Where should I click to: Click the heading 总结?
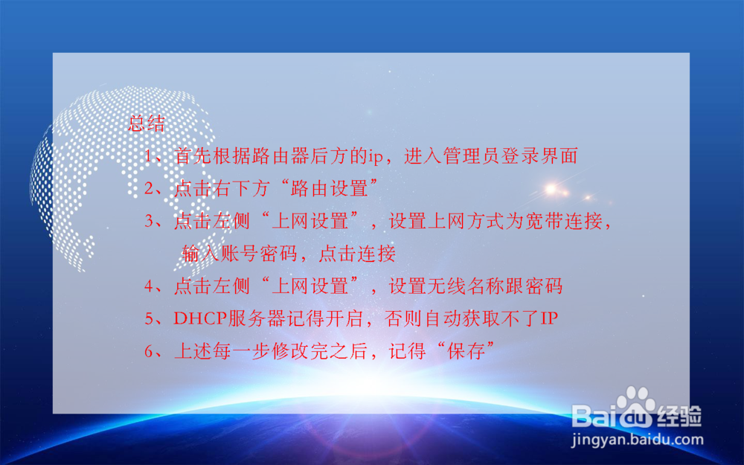(x=147, y=124)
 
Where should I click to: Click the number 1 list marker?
(x=150, y=156)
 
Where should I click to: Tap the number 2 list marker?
(x=150, y=189)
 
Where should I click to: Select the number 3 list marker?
(x=150, y=221)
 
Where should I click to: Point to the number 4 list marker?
(x=150, y=286)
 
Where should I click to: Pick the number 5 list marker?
(x=150, y=319)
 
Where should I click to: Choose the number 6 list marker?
(x=150, y=352)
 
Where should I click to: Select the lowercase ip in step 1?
(x=377, y=157)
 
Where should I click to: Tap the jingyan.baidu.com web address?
(x=637, y=440)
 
